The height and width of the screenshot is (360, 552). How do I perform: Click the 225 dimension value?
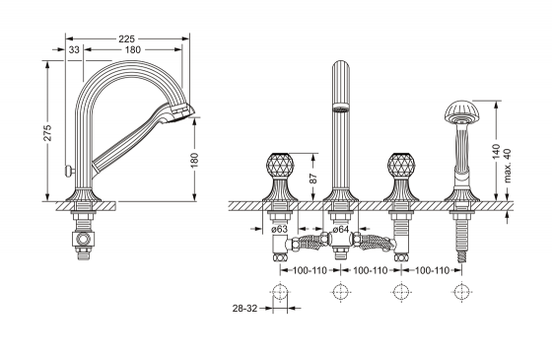pos(126,38)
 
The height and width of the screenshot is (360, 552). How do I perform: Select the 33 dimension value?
pos(74,50)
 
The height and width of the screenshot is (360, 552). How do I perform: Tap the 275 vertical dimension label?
pos(47,132)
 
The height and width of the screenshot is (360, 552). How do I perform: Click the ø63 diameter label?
pos(280,229)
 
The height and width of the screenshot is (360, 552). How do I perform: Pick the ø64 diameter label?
pos(340,229)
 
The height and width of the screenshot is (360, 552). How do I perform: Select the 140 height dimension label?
pos(497,152)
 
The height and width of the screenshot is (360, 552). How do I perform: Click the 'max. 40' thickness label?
pos(507,166)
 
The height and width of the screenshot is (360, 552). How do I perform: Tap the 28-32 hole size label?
pos(244,308)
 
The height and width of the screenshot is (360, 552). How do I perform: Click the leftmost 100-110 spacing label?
pos(310,270)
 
